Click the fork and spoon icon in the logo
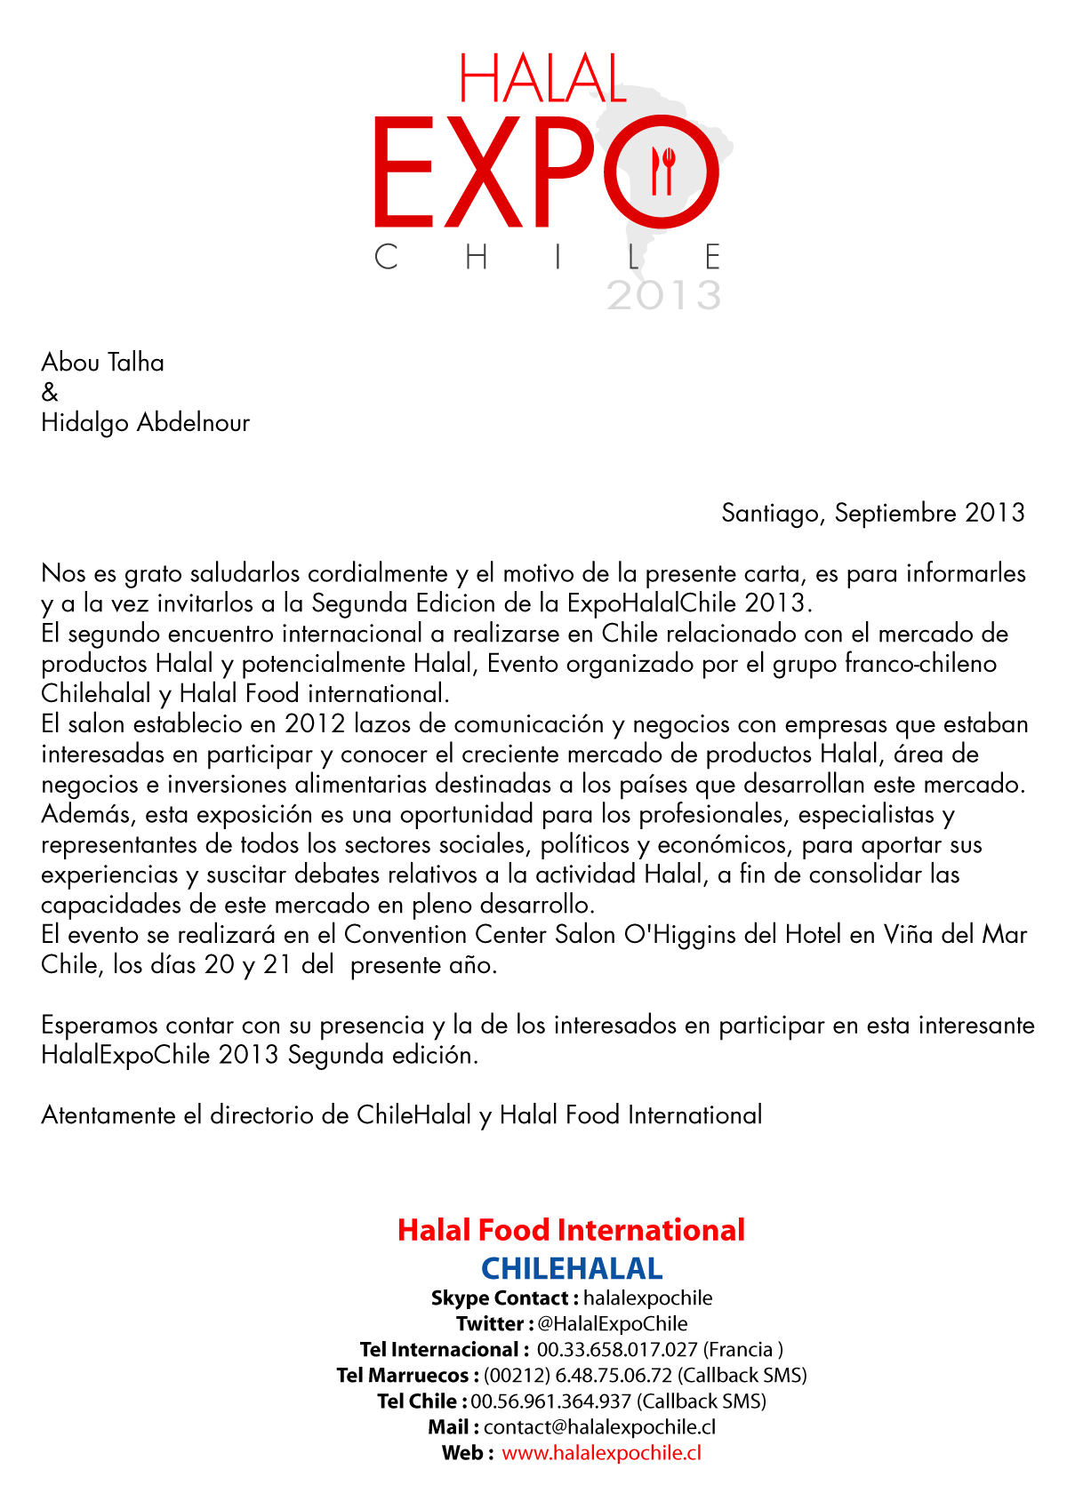[663, 171]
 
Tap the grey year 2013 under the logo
[663, 295]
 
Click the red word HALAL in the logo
[543, 79]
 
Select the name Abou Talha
[103, 363]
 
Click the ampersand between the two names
[50, 392]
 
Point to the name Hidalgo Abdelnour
[146, 423]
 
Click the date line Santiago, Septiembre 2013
[873, 513]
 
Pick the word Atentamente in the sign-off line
[109, 1115]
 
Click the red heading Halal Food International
[571, 1230]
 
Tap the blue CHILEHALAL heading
[572, 1268]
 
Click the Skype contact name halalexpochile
[648, 1297]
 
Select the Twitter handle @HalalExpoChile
[613, 1323]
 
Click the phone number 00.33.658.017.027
[617, 1349]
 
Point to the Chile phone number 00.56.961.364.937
[550, 1401]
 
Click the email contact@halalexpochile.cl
[599, 1426]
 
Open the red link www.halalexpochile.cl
[601, 1452]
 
